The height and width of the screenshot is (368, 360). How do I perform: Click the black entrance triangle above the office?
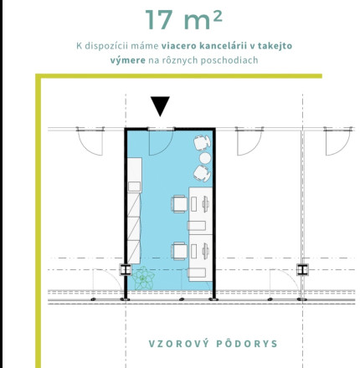coord(160,105)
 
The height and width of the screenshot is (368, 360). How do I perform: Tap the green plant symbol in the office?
coord(143,278)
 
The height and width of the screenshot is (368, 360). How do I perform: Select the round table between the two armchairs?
coord(205,158)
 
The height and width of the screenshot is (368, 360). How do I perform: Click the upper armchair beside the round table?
coord(202,142)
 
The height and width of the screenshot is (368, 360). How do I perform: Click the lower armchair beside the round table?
coord(202,173)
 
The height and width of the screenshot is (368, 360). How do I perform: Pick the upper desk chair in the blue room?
coord(179,204)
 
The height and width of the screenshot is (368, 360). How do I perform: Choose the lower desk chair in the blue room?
coord(179,251)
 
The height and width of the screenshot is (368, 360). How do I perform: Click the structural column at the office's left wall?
coord(126,269)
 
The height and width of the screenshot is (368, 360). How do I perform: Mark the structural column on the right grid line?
coord(302,269)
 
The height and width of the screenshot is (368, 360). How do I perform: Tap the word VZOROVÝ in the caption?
coord(178,344)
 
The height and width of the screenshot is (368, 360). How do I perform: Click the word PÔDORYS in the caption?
coord(247,344)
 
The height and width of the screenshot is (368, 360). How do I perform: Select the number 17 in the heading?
coord(159,20)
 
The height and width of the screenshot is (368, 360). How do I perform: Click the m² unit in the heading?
coord(203,21)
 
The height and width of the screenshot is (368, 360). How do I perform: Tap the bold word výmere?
coord(128,60)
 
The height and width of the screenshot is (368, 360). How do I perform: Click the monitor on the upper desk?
coord(206,204)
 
